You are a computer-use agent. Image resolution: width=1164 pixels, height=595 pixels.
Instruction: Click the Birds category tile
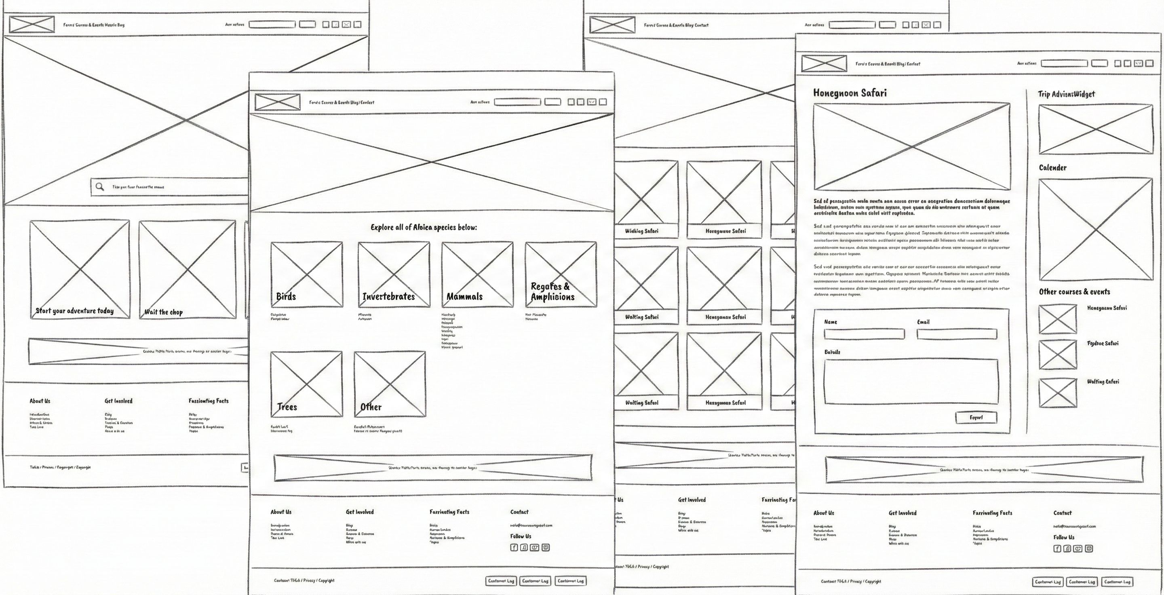pyautogui.click(x=306, y=274)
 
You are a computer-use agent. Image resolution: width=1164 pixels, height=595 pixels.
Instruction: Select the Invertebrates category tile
pyautogui.click(x=394, y=274)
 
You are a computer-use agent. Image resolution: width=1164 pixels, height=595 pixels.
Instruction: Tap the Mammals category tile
pyautogui.click(x=477, y=274)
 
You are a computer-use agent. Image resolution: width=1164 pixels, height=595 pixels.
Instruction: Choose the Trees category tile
pyautogui.click(x=306, y=384)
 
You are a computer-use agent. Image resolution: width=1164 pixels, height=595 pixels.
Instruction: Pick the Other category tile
pyautogui.click(x=390, y=384)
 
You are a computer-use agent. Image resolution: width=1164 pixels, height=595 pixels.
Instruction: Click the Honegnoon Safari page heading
pyautogui.click(x=850, y=93)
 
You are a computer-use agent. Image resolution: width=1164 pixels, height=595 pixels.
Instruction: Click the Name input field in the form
pyautogui.click(x=864, y=334)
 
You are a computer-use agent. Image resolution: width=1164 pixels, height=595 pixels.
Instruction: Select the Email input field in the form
pyautogui.click(x=957, y=334)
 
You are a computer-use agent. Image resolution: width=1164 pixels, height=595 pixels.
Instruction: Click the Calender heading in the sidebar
pyautogui.click(x=1052, y=168)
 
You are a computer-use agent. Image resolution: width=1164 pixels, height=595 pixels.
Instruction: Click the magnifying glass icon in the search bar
pyautogui.click(x=100, y=187)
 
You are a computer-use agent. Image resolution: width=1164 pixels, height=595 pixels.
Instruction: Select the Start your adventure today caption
pyautogui.click(x=74, y=311)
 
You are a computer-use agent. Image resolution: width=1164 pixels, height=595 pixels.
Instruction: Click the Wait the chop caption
pyautogui.click(x=163, y=312)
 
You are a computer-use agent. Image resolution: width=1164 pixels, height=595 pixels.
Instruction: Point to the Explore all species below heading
pyautogui.click(x=424, y=227)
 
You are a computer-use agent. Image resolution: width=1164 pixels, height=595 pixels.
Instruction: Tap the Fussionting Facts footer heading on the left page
pyautogui.click(x=208, y=401)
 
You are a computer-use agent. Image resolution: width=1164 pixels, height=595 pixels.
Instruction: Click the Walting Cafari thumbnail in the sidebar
pyautogui.click(x=1057, y=392)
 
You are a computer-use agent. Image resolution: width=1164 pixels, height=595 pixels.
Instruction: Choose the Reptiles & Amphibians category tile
pyautogui.click(x=560, y=274)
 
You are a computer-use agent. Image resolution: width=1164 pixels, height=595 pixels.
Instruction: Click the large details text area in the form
pyautogui.click(x=911, y=381)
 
